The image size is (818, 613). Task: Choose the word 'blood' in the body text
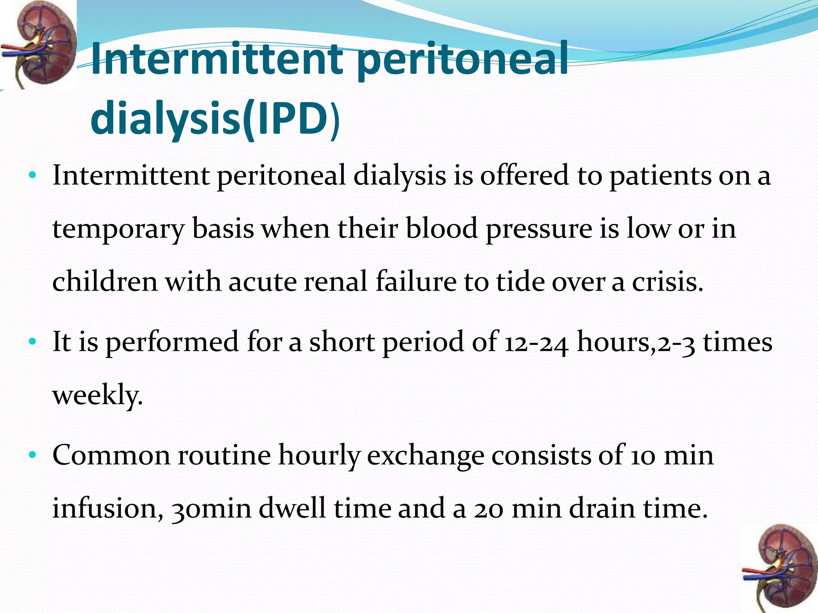click(442, 228)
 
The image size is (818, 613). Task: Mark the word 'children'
click(105, 281)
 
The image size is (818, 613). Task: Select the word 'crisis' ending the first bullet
click(667, 281)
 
